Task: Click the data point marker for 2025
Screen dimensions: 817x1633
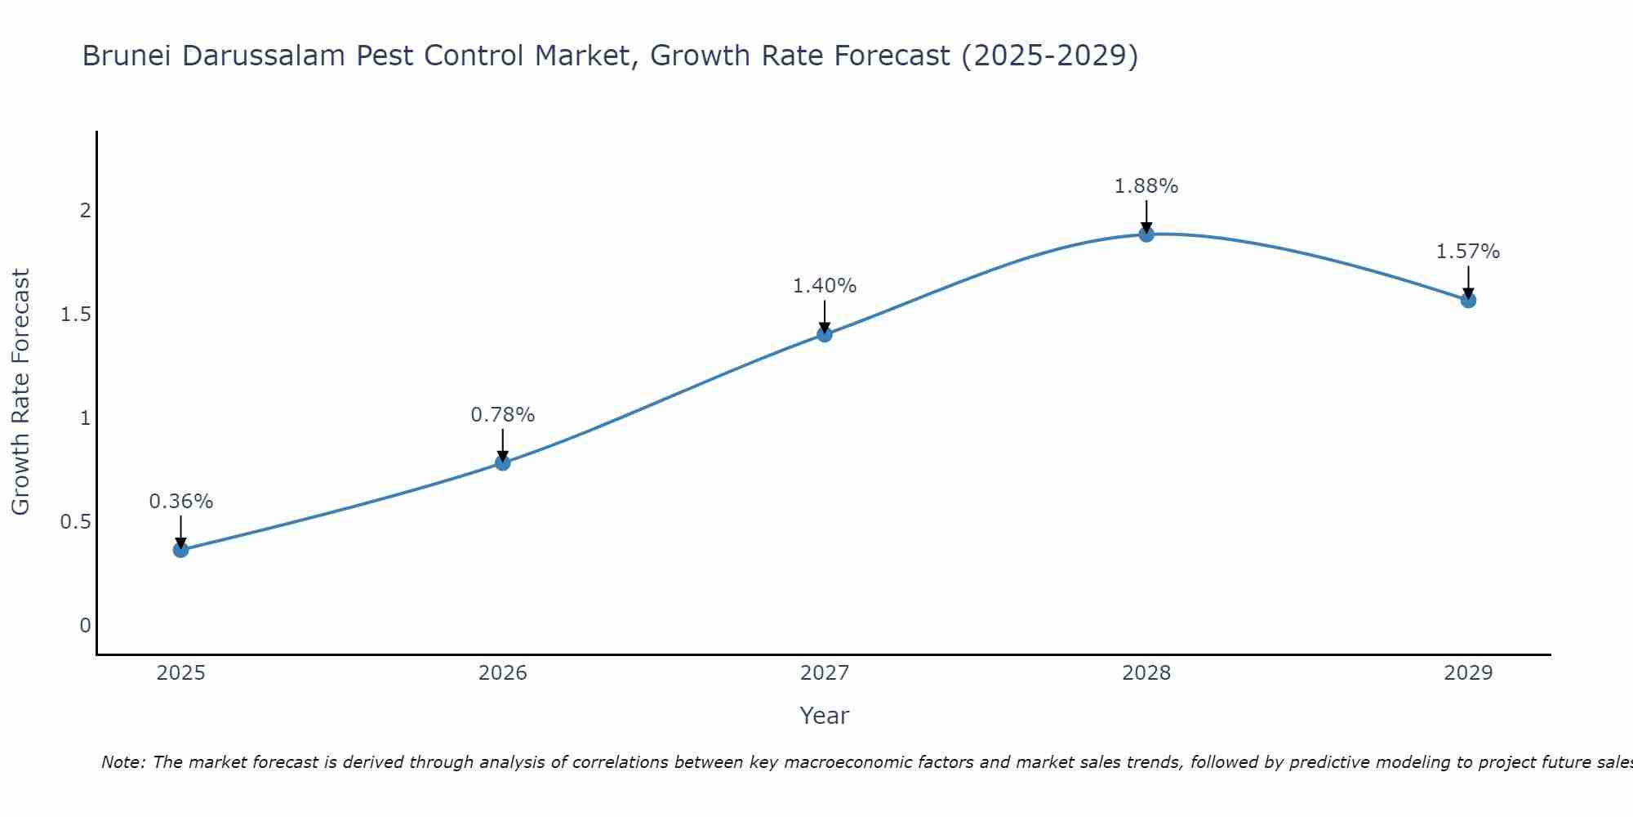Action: coord(180,550)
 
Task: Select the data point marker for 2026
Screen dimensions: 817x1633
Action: coord(502,463)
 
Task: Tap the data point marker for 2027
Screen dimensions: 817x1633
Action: coord(824,334)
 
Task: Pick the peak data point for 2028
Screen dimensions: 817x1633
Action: coord(1146,234)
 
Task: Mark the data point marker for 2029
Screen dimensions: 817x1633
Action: coord(1468,300)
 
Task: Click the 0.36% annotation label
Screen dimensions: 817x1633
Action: coord(180,502)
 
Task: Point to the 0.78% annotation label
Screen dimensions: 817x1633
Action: coord(502,415)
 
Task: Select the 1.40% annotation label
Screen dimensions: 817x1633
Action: coord(824,286)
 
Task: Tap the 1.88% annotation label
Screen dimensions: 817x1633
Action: coord(1146,186)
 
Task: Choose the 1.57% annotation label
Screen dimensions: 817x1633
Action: coord(1468,252)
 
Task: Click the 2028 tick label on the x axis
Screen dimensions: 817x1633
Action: coord(1146,673)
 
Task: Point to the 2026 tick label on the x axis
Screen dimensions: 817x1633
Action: coord(502,673)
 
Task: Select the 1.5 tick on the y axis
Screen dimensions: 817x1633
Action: coord(75,315)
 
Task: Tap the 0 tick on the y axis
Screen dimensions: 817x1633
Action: coord(85,626)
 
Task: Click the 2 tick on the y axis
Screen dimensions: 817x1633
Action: coord(85,211)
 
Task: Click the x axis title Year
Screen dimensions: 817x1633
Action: coord(824,716)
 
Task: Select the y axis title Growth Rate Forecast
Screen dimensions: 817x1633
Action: coord(20,392)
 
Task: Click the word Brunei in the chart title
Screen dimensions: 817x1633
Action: coord(127,56)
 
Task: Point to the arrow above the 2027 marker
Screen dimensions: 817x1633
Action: coord(824,316)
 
